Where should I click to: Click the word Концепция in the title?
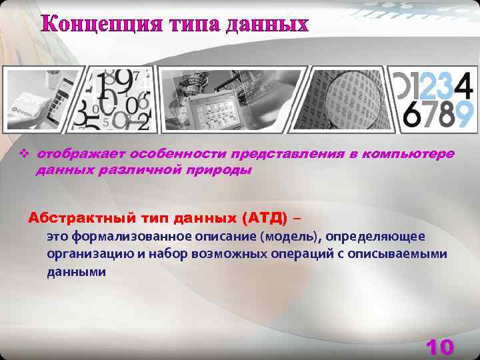pos(99,24)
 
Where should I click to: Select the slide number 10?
pos(439,347)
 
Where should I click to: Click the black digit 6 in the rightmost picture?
pos(413,115)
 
